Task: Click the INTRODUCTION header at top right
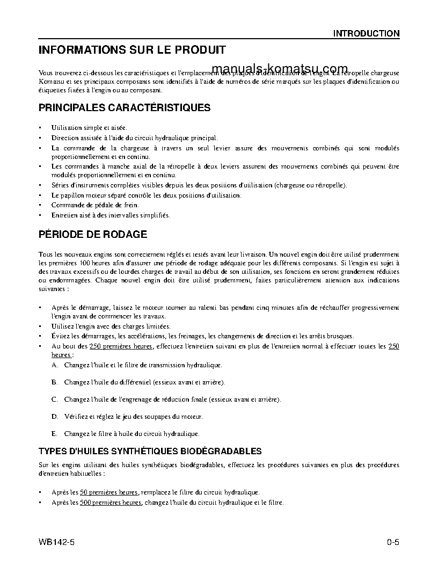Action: pos(366,33)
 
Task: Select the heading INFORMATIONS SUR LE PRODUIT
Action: pos(132,50)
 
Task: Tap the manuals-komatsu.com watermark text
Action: pos(280,69)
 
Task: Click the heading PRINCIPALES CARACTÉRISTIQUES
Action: pos(125,107)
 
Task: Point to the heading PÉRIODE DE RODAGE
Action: pos(93,235)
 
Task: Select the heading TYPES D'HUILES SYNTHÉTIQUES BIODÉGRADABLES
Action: pos(150,451)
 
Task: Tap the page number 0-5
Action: pos(392,542)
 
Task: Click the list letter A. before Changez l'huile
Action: pos(55,365)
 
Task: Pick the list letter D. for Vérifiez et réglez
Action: pos(55,417)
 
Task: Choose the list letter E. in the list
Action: pos(54,434)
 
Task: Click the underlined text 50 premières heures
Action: pos(109,492)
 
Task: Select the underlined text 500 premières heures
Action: pos(111,503)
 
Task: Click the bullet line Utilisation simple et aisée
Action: pos(89,128)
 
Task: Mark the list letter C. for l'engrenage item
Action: pos(55,399)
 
